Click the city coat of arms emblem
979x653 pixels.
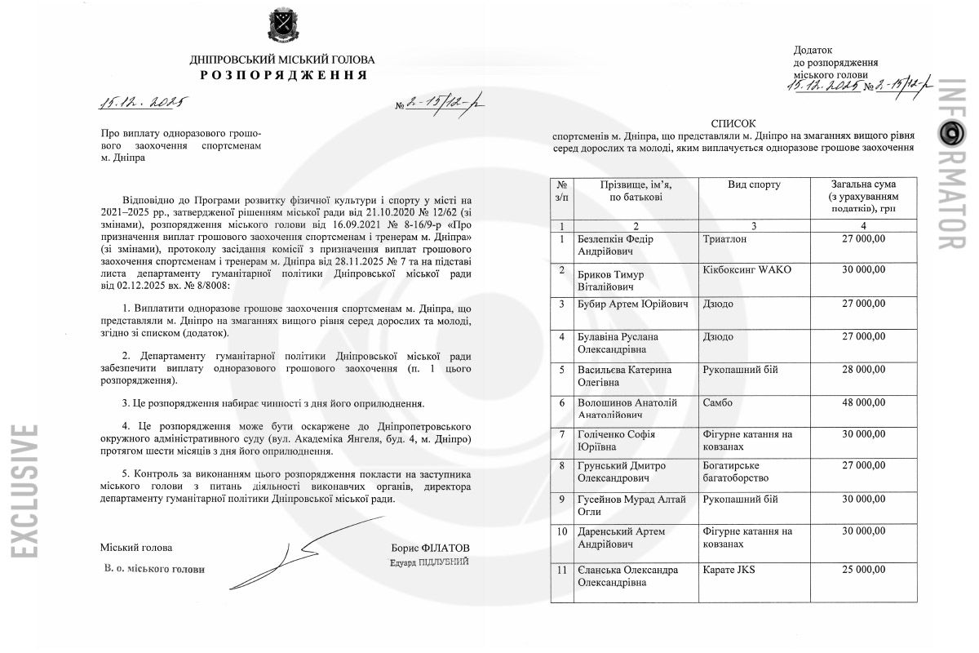point(282,26)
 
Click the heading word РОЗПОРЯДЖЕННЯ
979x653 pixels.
point(283,75)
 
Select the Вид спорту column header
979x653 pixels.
point(754,184)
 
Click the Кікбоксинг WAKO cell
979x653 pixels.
point(746,269)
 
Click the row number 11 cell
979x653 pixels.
point(561,570)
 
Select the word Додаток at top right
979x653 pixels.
point(813,51)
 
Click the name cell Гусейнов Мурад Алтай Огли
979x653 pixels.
point(631,505)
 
